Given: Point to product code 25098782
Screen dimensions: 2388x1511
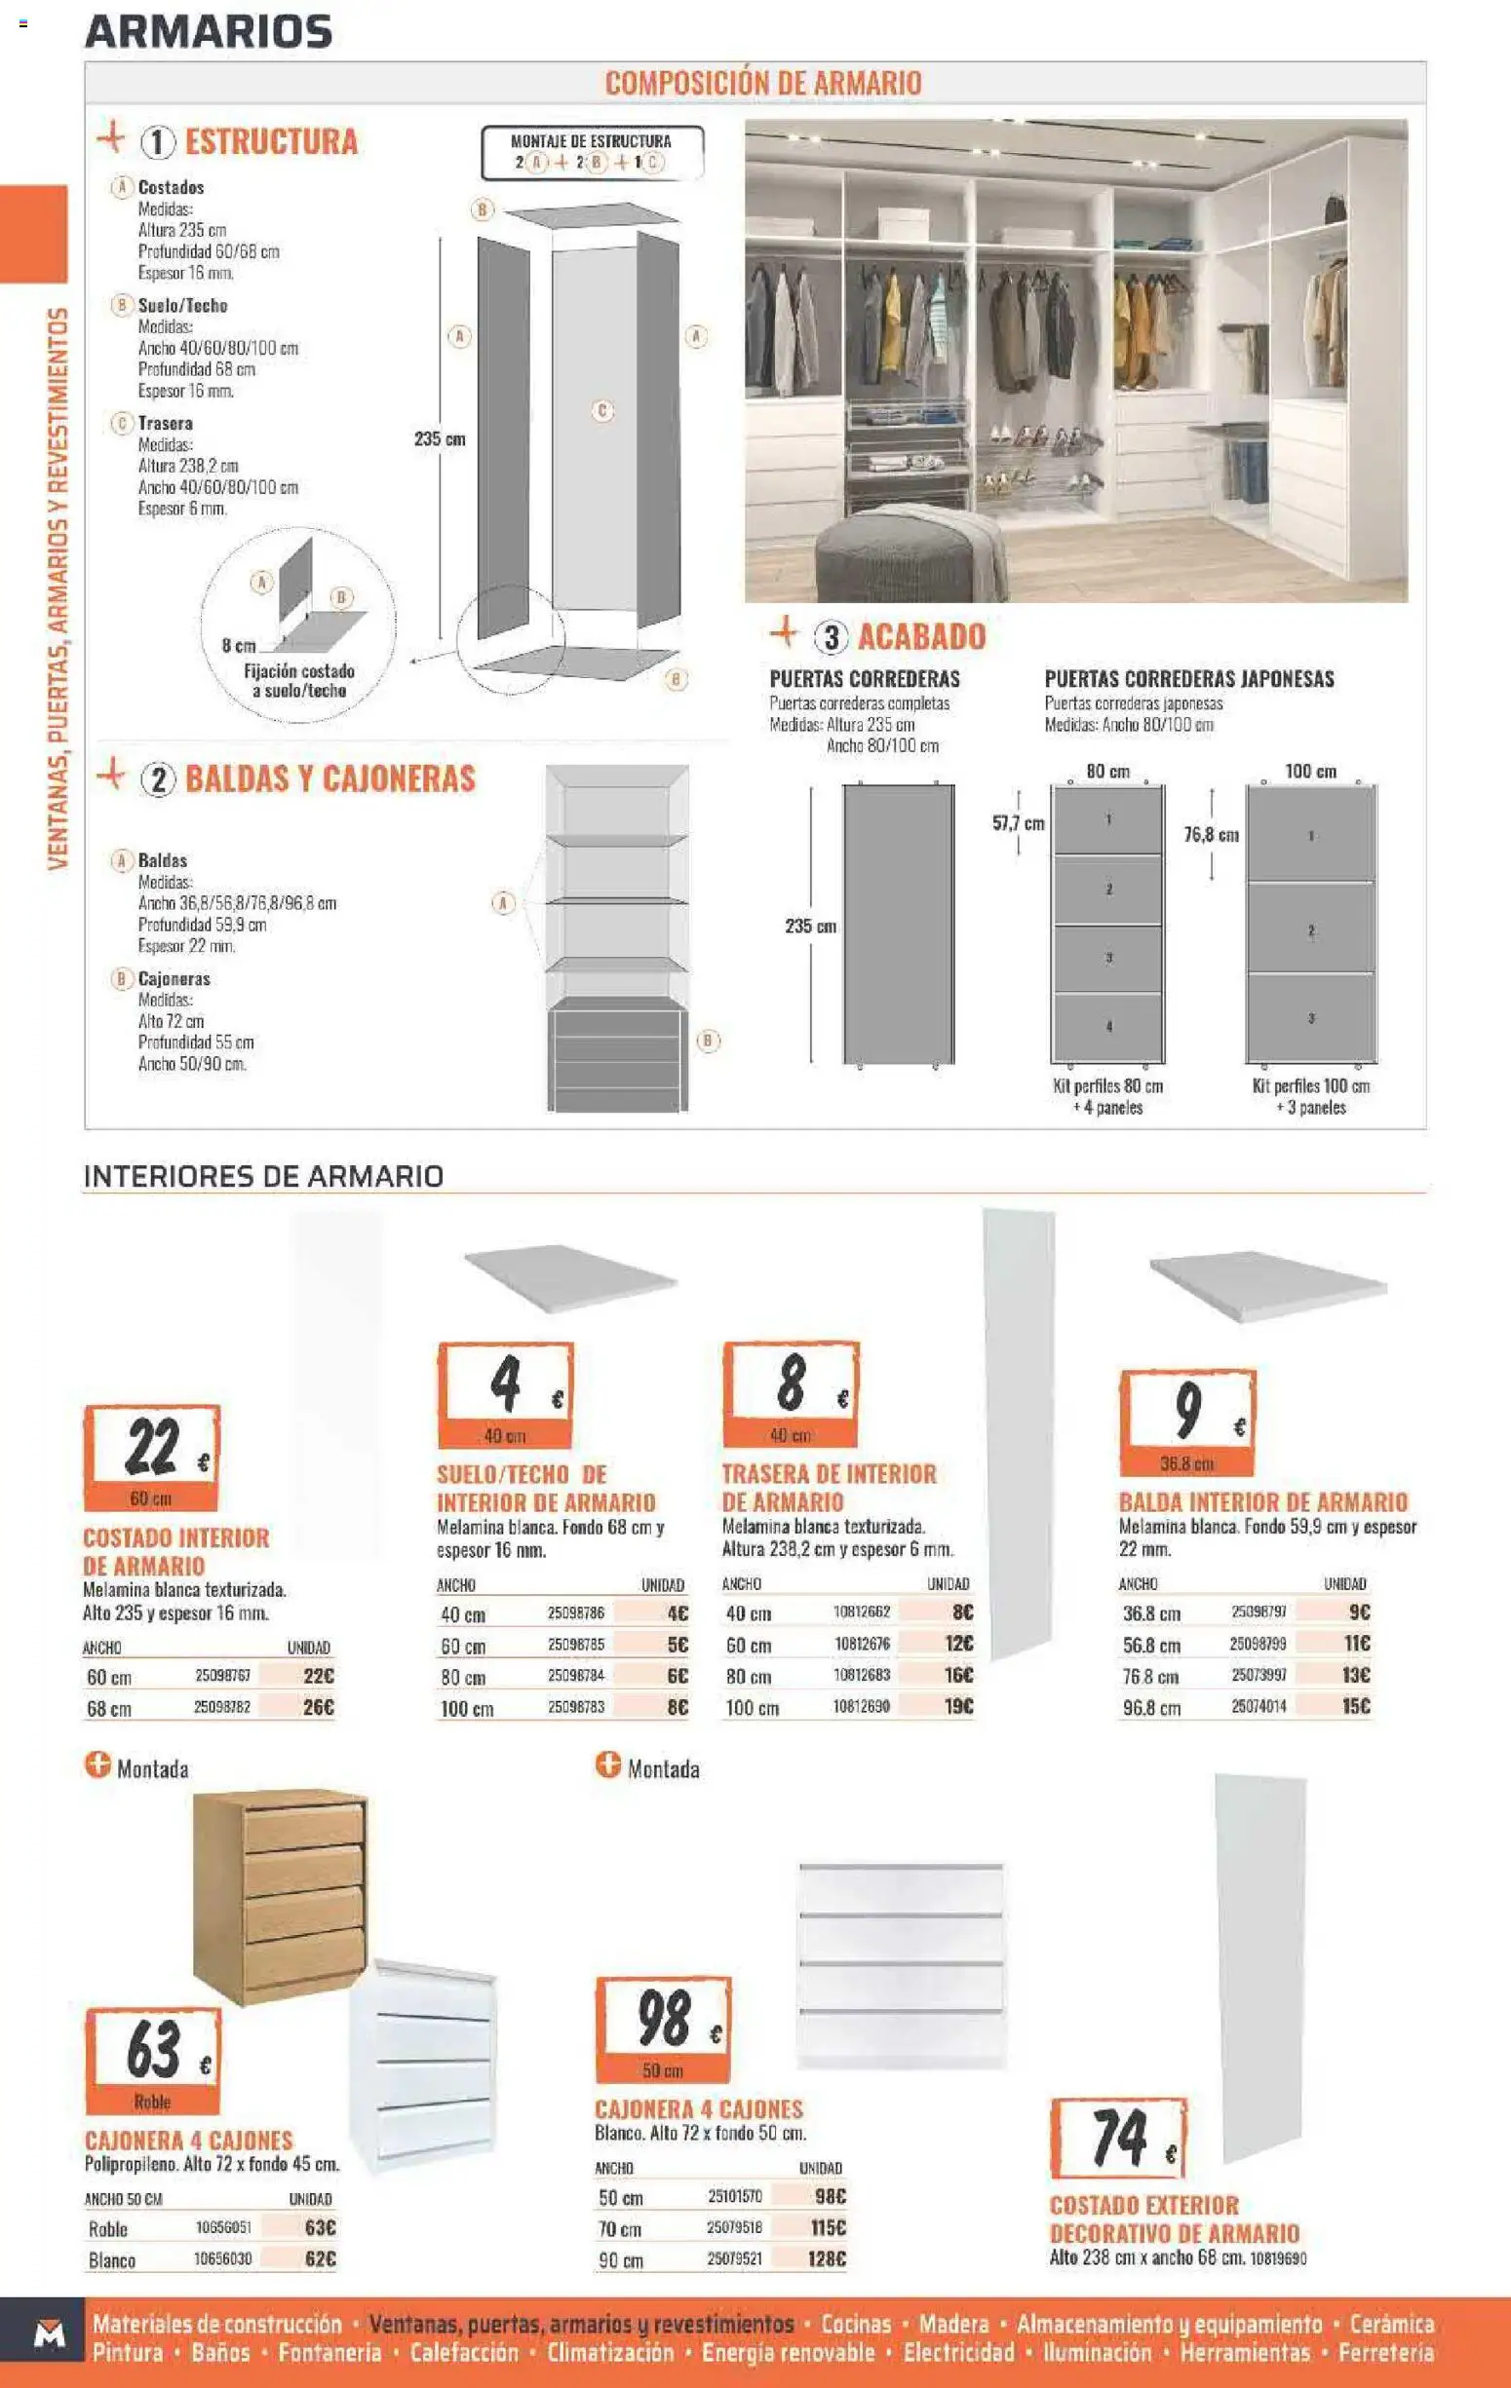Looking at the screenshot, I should click(x=222, y=1708).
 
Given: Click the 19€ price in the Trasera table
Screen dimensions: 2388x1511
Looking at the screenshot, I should click(x=958, y=1707).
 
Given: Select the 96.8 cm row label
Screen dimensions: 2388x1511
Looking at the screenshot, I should click(x=1151, y=1708).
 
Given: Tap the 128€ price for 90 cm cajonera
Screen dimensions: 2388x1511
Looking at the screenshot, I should click(x=828, y=2259).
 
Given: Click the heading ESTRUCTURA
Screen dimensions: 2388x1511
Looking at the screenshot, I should click(x=271, y=142).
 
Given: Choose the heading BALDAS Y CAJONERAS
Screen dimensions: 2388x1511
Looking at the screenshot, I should click(x=329, y=779).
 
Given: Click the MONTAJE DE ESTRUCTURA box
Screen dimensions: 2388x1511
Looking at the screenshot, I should click(x=592, y=153).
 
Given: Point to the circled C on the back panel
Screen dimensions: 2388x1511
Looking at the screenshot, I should click(x=602, y=409).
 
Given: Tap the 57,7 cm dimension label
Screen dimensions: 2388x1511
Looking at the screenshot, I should click(x=1018, y=823).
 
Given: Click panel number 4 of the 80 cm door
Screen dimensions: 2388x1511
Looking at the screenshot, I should click(x=1108, y=1026).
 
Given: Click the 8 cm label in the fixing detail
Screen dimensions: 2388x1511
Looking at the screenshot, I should click(x=238, y=646).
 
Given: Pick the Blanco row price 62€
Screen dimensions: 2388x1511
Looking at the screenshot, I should click(x=321, y=2259).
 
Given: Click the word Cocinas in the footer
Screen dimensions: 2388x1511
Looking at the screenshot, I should click(x=855, y=2324).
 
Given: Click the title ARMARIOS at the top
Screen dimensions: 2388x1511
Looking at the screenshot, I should click(x=209, y=32).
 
